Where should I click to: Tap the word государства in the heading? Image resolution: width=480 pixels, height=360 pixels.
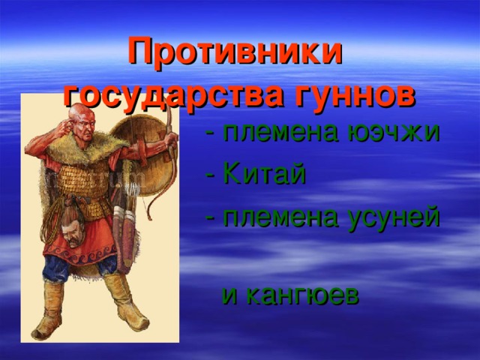coord(174,96)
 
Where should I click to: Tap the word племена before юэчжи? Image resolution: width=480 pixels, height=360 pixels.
coord(281,133)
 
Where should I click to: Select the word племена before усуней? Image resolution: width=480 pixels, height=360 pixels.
coord(281,217)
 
